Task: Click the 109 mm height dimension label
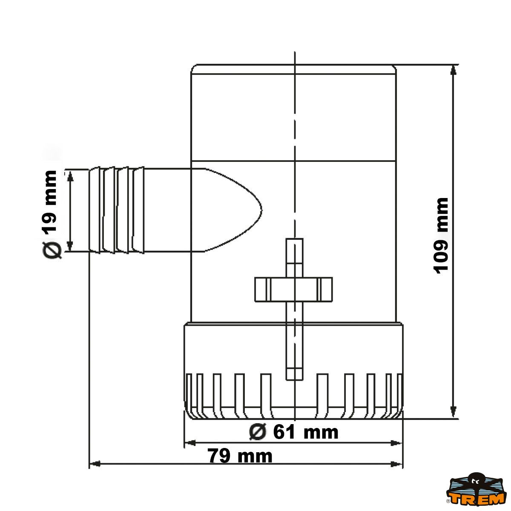[x=442, y=235]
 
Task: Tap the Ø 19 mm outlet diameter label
[x=51, y=215]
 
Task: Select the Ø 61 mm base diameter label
[x=294, y=432]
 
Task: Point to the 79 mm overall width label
[x=241, y=456]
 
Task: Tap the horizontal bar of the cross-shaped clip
[x=293, y=289]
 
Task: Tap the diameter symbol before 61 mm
[x=258, y=432]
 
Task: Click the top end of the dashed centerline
[x=295, y=53]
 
